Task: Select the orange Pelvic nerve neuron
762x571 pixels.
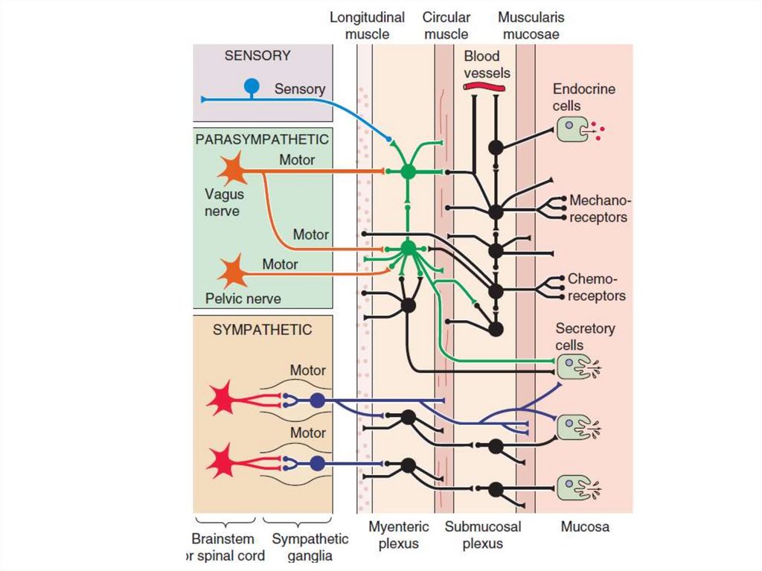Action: click(233, 272)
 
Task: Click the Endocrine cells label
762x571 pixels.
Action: click(583, 98)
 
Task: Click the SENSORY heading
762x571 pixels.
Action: click(257, 56)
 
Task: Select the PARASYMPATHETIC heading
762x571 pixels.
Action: click(262, 139)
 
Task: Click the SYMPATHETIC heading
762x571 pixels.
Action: click(262, 329)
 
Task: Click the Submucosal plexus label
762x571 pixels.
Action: click(483, 535)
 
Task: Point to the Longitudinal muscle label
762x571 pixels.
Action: click(367, 25)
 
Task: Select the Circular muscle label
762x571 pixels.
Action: click(445, 25)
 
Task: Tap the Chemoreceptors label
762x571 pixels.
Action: click(596, 287)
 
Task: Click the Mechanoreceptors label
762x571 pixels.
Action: click(598, 209)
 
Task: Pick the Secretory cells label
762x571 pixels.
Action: click(585, 336)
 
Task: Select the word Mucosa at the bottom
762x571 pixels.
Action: click(584, 527)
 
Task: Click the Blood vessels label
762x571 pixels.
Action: click(487, 64)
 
